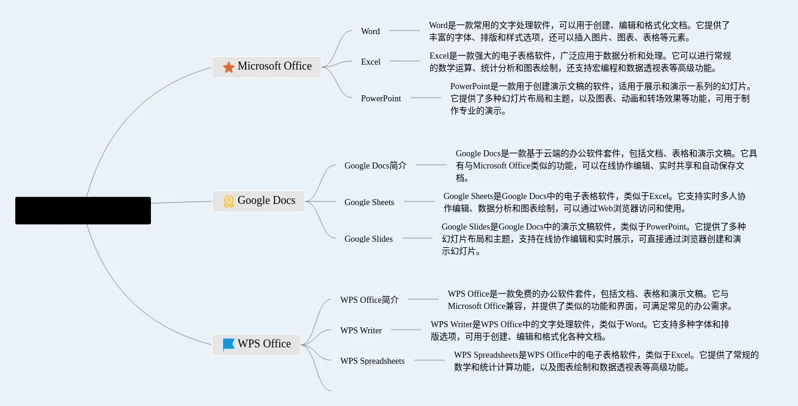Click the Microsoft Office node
point(267,67)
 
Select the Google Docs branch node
point(258,201)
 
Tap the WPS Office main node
point(257,344)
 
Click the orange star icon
point(229,67)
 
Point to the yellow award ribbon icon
point(229,201)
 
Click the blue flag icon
point(229,344)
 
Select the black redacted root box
point(83,211)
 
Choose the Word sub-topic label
point(370,31)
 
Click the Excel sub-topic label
point(370,62)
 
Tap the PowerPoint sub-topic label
point(381,98)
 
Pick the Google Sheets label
point(369,202)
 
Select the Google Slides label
point(368,239)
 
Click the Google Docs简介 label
point(375,165)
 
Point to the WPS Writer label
point(361,330)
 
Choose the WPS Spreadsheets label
point(372,361)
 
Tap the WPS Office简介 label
point(369,300)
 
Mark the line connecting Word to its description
point(404,31)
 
